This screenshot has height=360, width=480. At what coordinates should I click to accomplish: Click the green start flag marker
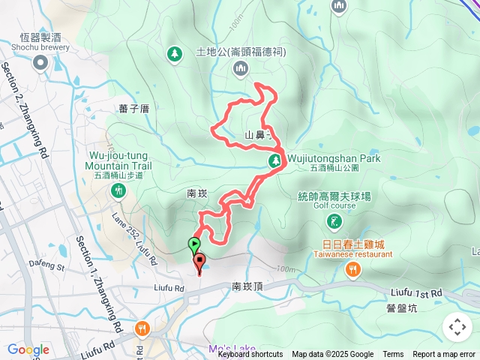coord(194,244)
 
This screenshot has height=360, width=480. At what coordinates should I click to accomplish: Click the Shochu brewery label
coord(40,46)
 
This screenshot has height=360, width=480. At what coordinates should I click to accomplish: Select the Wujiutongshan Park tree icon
coord(275,161)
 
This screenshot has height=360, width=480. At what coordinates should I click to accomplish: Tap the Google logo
coord(28,350)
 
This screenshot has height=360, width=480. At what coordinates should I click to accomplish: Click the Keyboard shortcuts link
coord(250,355)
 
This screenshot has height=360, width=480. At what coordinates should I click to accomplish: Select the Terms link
coord(393,355)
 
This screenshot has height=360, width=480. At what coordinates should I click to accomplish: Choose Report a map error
coord(444,355)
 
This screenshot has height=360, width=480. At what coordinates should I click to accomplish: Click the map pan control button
coord(457,327)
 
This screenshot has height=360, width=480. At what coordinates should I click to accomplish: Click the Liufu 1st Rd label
coord(416,292)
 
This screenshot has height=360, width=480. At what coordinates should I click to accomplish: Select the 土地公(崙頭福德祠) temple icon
coord(241,70)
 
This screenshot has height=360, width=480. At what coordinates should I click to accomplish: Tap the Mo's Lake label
coord(232,349)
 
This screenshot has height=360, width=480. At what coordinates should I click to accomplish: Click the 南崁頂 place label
coord(247,286)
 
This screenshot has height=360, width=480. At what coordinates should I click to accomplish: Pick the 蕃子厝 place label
coord(134,109)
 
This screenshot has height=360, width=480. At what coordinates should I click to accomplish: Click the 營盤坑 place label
coord(401,307)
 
